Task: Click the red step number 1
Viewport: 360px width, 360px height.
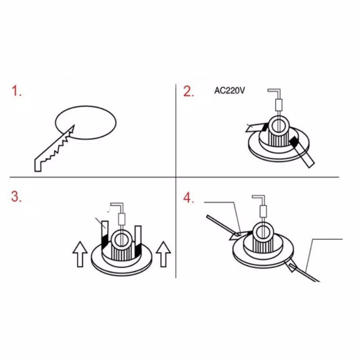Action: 17,91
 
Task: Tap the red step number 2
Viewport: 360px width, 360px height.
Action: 189,91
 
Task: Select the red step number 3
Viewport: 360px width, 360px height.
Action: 16,197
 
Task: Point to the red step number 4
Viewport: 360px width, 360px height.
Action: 189,198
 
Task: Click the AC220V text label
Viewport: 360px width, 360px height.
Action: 229,91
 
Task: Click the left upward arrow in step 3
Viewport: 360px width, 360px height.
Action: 80,254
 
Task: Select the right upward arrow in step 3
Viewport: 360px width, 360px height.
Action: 163,254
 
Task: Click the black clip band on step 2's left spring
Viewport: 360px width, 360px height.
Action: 265,127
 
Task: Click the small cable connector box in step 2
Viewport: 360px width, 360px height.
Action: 279,104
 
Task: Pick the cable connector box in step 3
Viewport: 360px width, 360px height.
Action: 121,219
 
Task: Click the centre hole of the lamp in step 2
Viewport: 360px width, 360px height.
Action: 279,125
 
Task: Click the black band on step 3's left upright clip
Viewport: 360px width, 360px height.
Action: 105,241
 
